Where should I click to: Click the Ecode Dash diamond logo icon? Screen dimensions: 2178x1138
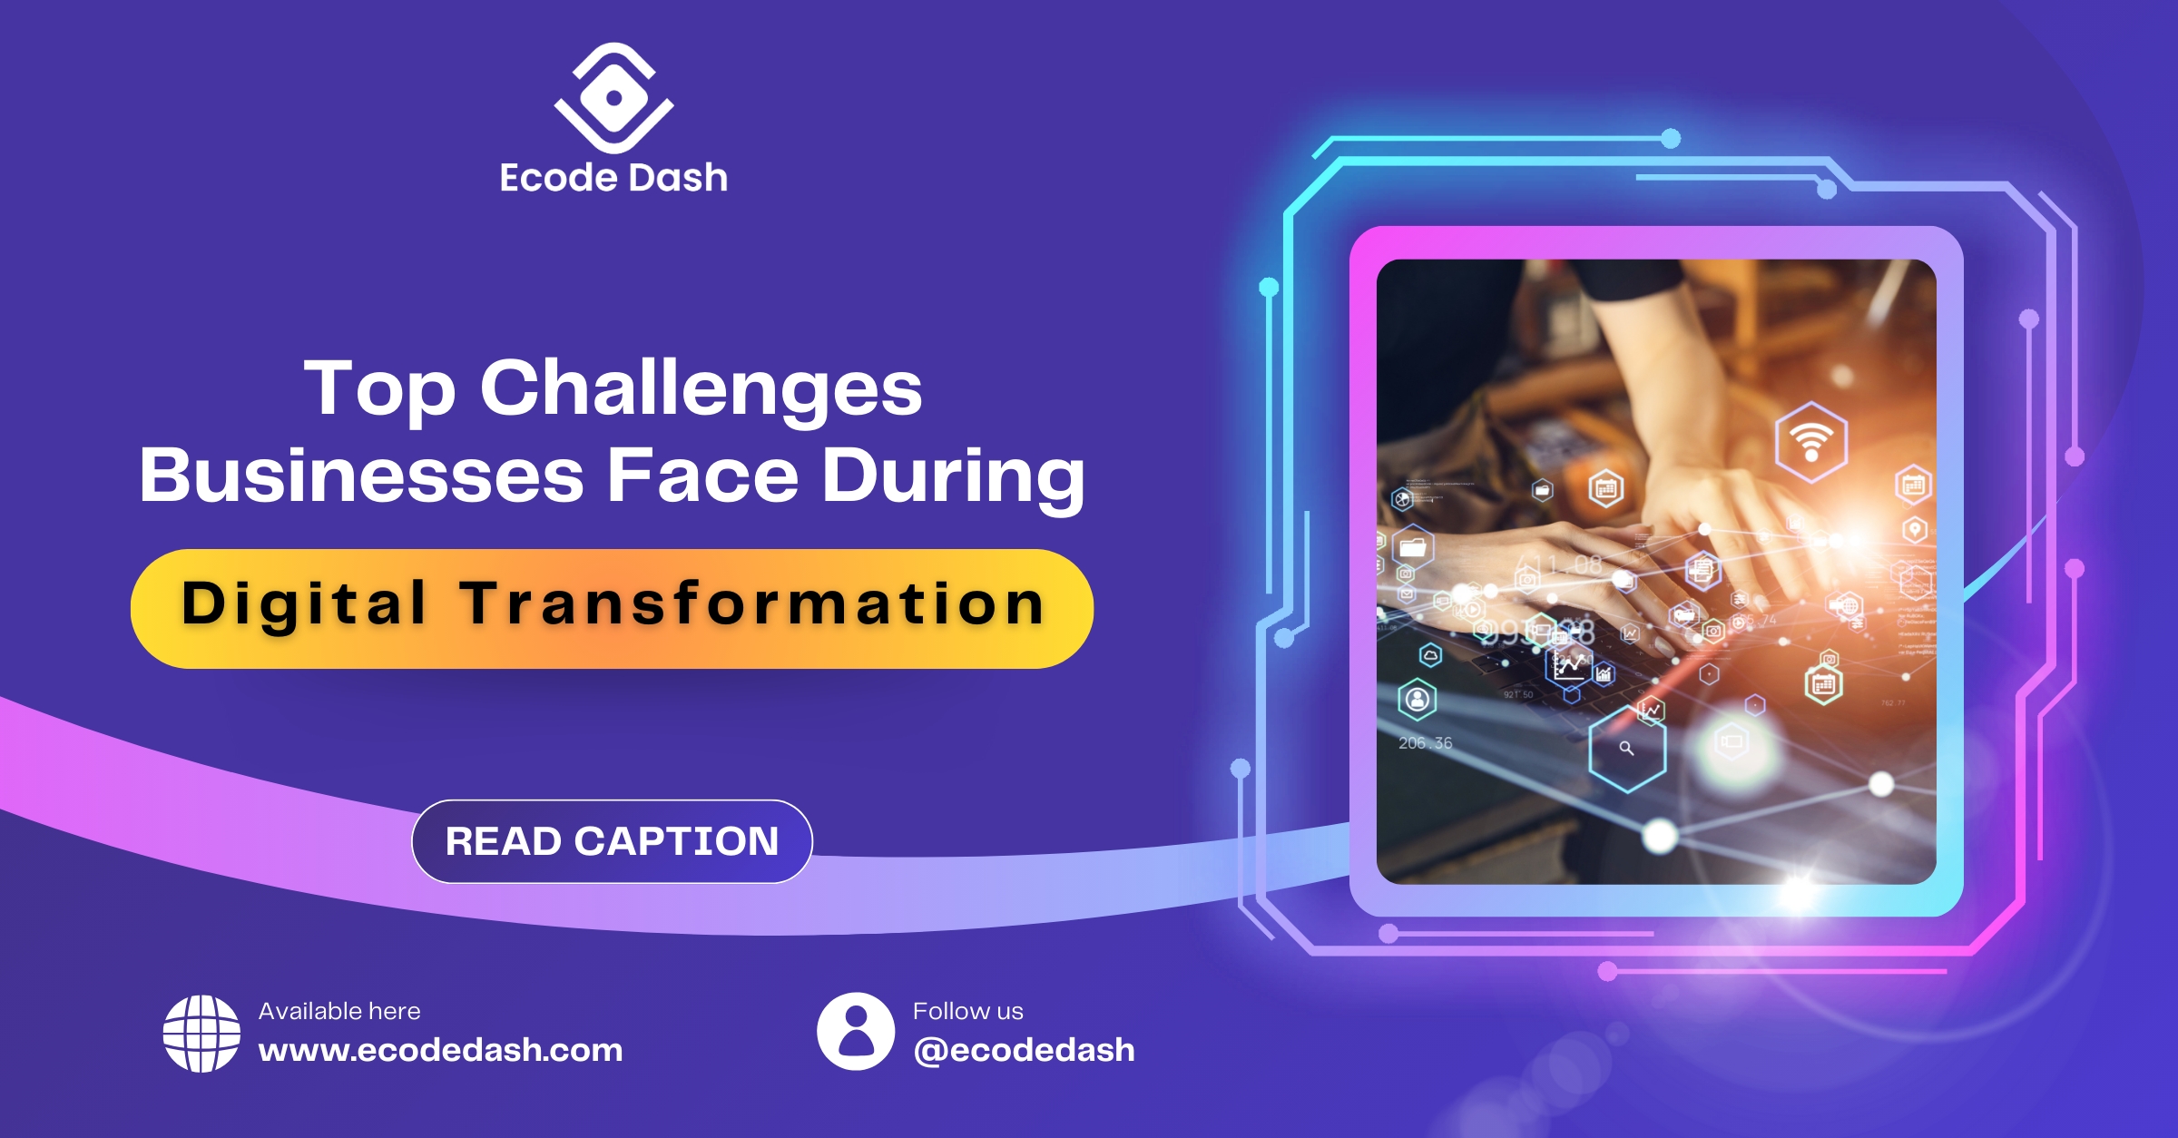(x=613, y=98)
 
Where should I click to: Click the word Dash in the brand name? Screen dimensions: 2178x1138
(x=678, y=178)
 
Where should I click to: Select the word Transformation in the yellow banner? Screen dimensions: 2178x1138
(x=752, y=603)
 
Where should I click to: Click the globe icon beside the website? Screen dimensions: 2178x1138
(x=201, y=1034)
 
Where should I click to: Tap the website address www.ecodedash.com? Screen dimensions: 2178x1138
(x=441, y=1050)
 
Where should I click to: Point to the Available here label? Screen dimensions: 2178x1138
(x=339, y=1011)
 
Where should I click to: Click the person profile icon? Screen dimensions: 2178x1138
(x=856, y=1031)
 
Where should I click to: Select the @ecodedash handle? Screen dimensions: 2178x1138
(x=1024, y=1051)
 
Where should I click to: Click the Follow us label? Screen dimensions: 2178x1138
(x=968, y=1011)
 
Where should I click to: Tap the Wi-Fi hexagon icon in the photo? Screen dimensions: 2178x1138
(x=1811, y=442)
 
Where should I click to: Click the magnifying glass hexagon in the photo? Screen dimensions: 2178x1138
(x=1627, y=749)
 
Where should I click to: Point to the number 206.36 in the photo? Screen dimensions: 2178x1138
(x=1426, y=743)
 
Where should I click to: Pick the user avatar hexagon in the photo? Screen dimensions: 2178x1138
(x=1418, y=700)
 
